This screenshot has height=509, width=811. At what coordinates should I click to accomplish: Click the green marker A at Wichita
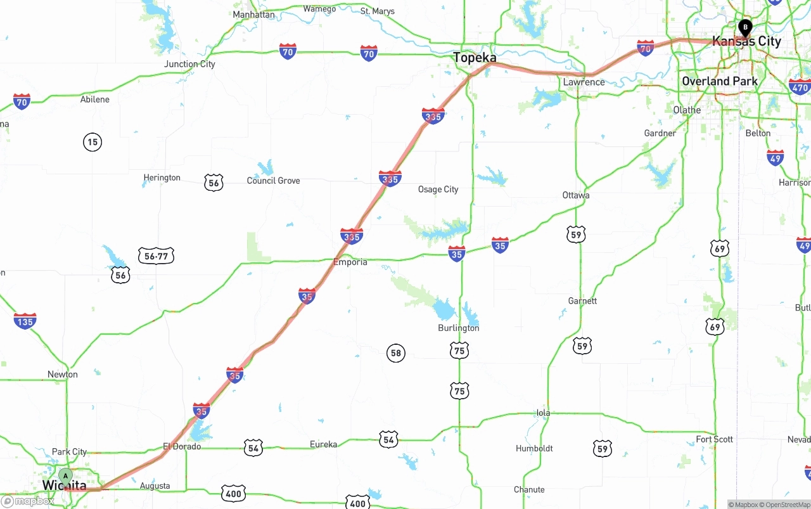coord(65,476)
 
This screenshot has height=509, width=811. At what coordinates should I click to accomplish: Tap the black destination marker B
coord(746,27)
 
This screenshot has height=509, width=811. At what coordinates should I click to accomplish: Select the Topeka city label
coord(475,58)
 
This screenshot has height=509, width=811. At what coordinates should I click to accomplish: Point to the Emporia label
coord(350,262)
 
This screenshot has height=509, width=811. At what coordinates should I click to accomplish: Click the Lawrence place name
coord(584,82)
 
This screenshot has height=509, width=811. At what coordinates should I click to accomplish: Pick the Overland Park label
coord(719,81)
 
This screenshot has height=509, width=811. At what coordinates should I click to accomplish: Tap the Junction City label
coord(189,64)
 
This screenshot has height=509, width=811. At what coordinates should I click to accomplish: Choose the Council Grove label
coord(273,181)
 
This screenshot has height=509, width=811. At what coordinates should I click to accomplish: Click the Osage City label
coord(438,190)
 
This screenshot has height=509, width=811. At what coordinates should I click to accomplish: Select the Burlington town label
coord(458,328)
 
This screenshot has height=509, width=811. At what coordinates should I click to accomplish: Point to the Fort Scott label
coord(714,439)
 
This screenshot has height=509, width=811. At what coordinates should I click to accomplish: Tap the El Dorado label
coord(182,446)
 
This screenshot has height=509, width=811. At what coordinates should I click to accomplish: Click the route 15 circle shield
coord(93,142)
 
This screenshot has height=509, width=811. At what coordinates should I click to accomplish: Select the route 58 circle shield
coord(396,353)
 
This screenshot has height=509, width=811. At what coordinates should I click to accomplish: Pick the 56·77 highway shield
coord(156,256)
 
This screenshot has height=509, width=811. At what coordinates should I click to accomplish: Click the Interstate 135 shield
coord(25,321)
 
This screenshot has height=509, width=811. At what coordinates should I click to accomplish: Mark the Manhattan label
coord(253,15)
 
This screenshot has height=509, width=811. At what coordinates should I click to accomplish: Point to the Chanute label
coord(529,489)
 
